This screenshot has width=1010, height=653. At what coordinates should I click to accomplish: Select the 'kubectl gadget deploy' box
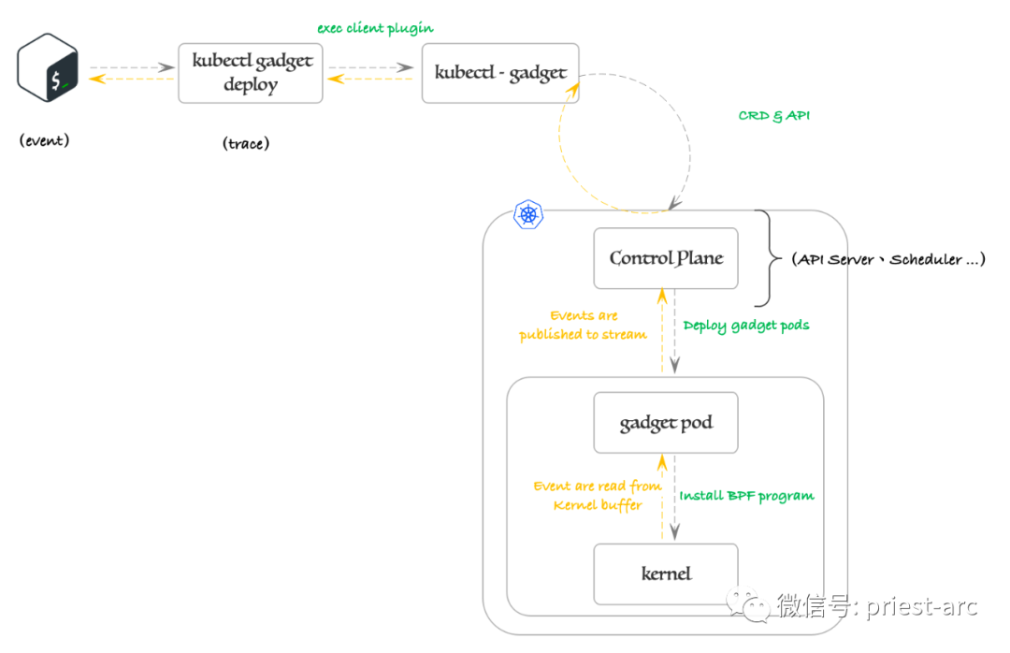pyautogui.click(x=251, y=72)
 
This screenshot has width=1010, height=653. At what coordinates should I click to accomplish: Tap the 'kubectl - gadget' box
pyautogui.click(x=500, y=72)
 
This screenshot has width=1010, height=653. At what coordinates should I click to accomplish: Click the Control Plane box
pyautogui.click(x=666, y=258)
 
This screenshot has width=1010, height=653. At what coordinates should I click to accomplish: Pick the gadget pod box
pyautogui.click(x=666, y=423)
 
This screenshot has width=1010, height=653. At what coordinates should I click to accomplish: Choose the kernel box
pyautogui.click(x=666, y=573)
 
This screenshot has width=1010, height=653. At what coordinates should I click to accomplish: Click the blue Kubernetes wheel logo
pyautogui.click(x=529, y=214)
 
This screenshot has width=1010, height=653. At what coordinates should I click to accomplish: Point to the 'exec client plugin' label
pyautogui.click(x=375, y=28)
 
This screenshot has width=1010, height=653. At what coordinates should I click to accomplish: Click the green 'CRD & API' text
pyautogui.click(x=773, y=116)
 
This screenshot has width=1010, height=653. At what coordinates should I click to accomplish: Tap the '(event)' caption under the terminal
pyautogui.click(x=44, y=141)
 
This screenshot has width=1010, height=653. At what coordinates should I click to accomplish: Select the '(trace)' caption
pyautogui.click(x=246, y=143)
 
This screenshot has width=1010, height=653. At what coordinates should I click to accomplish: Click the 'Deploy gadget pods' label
pyautogui.click(x=746, y=326)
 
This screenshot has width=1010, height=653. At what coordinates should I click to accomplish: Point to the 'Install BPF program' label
pyautogui.click(x=746, y=496)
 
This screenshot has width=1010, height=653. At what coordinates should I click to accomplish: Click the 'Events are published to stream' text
pyautogui.click(x=583, y=325)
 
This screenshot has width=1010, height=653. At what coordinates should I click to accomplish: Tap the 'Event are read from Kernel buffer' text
pyautogui.click(x=598, y=496)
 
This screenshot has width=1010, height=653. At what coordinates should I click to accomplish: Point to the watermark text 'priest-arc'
pyautogui.click(x=920, y=606)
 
